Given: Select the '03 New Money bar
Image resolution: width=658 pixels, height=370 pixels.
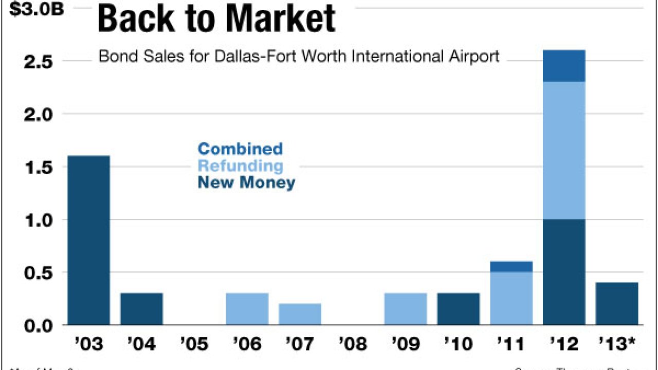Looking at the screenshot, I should tap(88, 240).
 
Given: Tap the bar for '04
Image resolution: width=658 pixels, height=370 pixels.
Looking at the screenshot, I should tap(141, 309).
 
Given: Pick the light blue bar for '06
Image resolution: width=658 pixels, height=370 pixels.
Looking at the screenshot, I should tap(247, 309).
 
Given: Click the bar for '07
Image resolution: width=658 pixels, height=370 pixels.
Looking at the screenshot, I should tap(300, 314).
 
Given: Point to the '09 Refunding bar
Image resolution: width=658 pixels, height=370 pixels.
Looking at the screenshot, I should tap(405, 309).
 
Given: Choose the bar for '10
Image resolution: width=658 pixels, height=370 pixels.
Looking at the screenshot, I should tap(458, 309).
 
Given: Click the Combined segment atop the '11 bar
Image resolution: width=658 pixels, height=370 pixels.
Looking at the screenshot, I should tap(511, 266).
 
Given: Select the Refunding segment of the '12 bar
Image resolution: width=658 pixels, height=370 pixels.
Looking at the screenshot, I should tap(564, 151).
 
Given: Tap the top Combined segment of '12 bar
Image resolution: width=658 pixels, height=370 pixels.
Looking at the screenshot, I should tap(564, 66).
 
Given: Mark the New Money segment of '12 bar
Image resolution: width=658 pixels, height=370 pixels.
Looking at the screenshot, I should tap(564, 272).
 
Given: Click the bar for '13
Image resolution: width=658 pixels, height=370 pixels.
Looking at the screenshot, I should tap(617, 303).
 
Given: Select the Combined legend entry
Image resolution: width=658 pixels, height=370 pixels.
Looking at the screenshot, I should tap(240, 149).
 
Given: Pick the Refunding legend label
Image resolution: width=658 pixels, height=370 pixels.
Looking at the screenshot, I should tap(240, 166).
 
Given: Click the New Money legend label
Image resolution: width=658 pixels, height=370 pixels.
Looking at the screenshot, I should tap(246, 182).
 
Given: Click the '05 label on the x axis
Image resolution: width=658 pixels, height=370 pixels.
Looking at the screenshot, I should tap(194, 344).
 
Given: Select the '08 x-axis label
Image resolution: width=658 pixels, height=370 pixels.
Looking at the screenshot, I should tap(352, 344).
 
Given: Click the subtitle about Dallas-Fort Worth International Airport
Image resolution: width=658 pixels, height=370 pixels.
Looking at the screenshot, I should tap(299, 56).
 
